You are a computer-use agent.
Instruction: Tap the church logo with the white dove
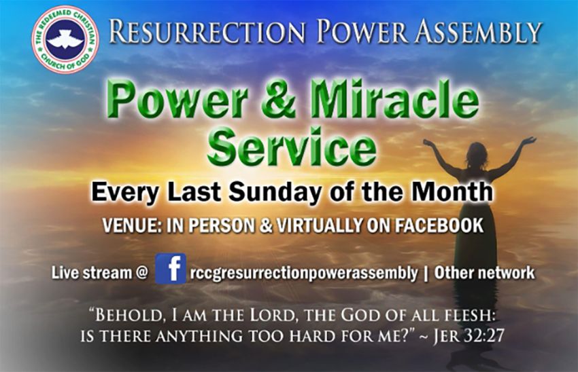tap(65, 39)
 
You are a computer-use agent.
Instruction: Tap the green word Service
tap(292, 148)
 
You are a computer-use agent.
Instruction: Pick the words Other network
tap(484, 274)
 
